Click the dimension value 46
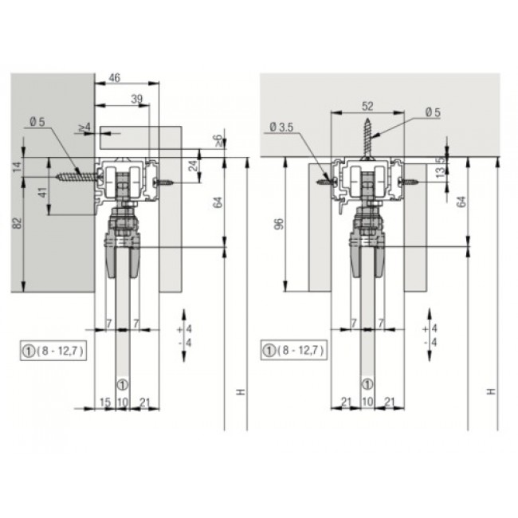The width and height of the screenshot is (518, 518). coord(115,78)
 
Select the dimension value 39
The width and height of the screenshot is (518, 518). coord(137,99)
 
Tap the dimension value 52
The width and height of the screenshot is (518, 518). coord(367,106)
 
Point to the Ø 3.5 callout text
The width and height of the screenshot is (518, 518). coord(281,128)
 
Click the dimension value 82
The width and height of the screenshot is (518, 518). coord(18,223)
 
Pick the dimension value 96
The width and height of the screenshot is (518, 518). coord(280,224)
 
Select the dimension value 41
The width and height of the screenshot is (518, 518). coord(43,192)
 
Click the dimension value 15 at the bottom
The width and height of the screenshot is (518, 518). coord(105,402)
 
